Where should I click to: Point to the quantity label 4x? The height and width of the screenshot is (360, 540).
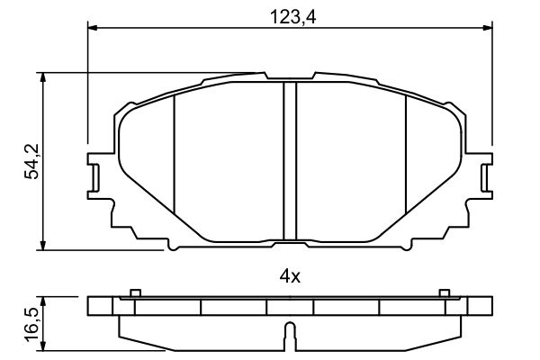coord(289,276)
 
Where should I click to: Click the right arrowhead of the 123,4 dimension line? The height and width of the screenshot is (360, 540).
coord(490,28)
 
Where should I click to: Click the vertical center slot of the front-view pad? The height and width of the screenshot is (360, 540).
coord(290,162)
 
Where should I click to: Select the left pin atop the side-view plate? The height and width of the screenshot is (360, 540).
coord(134,292)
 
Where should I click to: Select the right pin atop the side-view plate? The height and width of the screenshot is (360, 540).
coord(443,292)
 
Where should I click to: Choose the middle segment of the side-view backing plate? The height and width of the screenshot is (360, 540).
coord(289,307)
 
